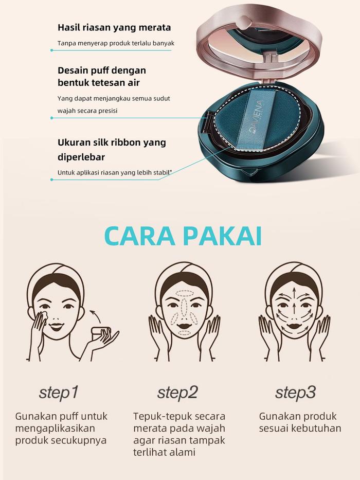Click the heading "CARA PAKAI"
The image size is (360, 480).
pyautogui.click(x=183, y=236)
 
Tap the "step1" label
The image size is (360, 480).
pyautogui.click(x=59, y=393)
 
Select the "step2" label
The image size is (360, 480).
pyautogui.click(x=177, y=393)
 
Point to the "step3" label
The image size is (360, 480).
pyautogui.click(x=295, y=393)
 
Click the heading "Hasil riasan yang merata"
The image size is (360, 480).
pyautogui.click(x=114, y=28)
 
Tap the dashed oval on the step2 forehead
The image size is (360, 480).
pyautogui.click(x=184, y=294)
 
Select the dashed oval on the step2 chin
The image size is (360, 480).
pyautogui.click(x=184, y=332)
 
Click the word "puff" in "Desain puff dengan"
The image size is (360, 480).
pyautogui.click(x=101, y=70)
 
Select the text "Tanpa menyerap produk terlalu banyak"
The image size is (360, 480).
pyautogui.click(x=116, y=43)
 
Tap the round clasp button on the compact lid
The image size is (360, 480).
pyautogui.click(x=244, y=22)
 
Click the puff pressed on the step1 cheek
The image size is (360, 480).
pyautogui.click(x=43, y=316)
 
